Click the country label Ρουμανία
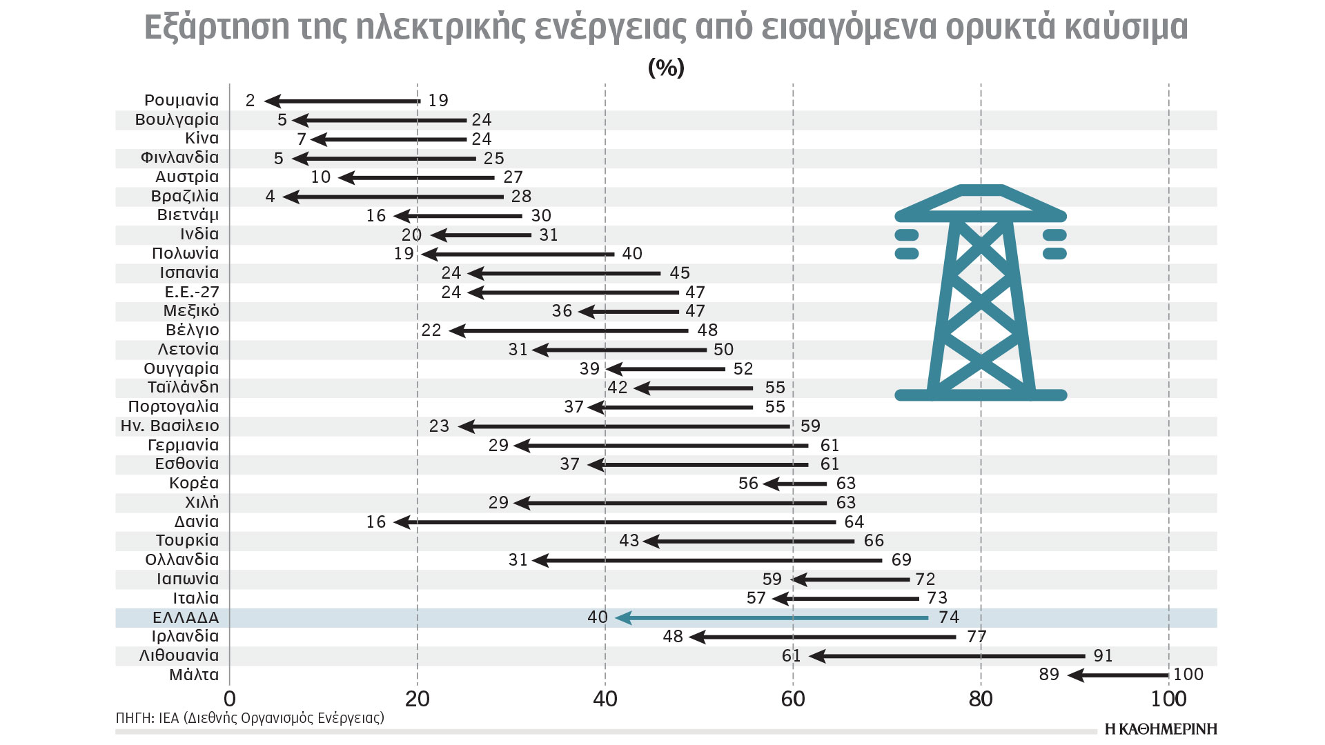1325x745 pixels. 181,101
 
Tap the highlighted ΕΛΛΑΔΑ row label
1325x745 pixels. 185,617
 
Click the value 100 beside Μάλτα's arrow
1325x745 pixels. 1188,675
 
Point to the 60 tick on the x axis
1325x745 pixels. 793,699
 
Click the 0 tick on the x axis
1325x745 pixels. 230,699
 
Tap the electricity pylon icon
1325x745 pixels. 981,293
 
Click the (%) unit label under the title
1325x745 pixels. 666,68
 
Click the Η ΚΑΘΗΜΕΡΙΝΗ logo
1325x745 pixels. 1161,729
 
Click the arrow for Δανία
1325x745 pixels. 614,522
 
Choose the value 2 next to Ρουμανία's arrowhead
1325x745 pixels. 250,101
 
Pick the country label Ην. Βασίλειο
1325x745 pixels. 170,426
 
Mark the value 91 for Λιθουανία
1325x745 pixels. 1103,656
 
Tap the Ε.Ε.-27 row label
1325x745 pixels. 191,292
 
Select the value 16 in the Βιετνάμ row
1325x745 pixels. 375,216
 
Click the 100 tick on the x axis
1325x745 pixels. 1168,699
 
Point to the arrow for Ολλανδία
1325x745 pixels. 707,560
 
